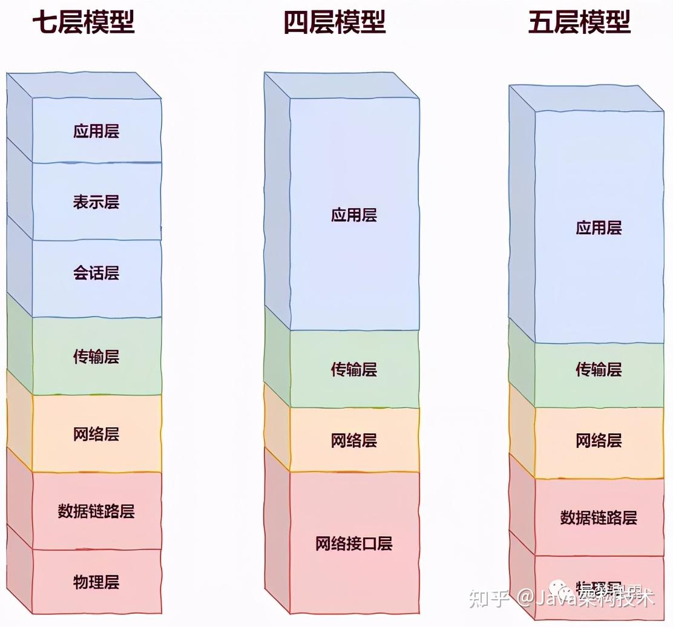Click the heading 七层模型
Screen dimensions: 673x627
pyautogui.click(x=83, y=23)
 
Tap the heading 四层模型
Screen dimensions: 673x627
pyautogui.click(x=335, y=23)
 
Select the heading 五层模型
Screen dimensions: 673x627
pyautogui.click(x=579, y=23)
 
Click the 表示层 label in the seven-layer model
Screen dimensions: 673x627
pyautogui.click(x=96, y=202)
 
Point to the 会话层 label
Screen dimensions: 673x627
pyautogui.click(x=96, y=273)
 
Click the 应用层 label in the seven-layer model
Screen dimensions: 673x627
pyautogui.click(x=96, y=131)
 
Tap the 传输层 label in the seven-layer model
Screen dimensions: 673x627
pyautogui.click(x=96, y=356)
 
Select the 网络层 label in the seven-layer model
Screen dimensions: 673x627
pyautogui.click(x=96, y=434)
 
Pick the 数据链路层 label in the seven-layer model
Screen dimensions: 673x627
pyautogui.click(x=96, y=511)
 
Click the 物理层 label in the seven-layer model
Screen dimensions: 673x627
pyautogui.click(x=96, y=582)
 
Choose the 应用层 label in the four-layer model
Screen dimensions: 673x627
pyautogui.click(x=354, y=215)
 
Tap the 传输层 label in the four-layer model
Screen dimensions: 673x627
pyautogui.click(x=354, y=369)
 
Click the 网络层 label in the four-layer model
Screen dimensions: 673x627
pyautogui.click(x=354, y=441)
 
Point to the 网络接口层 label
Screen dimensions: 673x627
pyautogui.click(x=354, y=543)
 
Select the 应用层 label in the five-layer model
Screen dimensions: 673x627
pyautogui.click(x=599, y=228)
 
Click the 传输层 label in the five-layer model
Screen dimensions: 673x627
pyautogui.click(x=599, y=369)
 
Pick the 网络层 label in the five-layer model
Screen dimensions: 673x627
pyautogui.click(x=599, y=441)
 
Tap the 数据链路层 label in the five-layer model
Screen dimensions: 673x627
pyautogui.click(x=599, y=518)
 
